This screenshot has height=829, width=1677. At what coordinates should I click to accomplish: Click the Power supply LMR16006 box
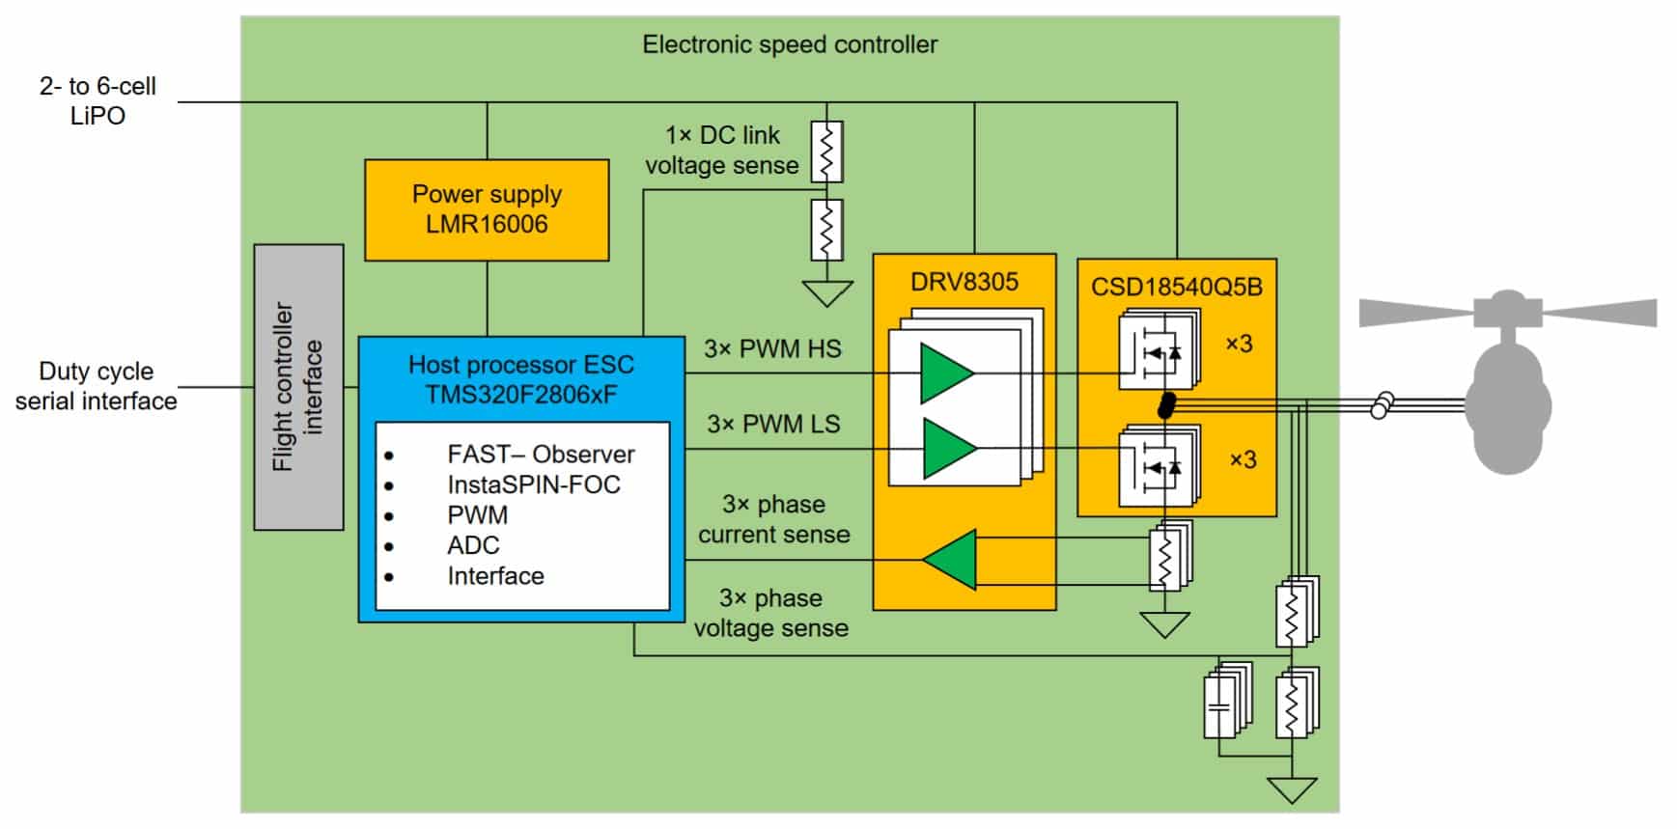click(x=487, y=209)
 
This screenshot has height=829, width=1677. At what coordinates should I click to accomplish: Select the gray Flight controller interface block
click(x=298, y=387)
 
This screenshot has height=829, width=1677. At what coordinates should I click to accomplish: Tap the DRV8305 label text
click(x=964, y=282)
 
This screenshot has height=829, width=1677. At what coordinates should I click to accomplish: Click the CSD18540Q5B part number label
click(x=1176, y=287)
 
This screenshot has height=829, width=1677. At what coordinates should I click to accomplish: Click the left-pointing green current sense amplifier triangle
click(x=952, y=560)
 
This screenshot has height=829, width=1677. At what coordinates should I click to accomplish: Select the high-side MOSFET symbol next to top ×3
click(x=1157, y=351)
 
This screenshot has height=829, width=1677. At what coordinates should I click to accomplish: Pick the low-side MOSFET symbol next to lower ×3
click(x=1157, y=467)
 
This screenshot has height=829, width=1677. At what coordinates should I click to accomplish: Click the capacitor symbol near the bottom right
click(x=1220, y=706)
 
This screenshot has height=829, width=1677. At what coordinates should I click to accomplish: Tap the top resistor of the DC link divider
click(x=825, y=152)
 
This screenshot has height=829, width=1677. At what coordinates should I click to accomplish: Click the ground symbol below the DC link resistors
click(x=827, y=292)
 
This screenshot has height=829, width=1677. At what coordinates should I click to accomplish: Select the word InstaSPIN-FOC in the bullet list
click(x=533, y=484)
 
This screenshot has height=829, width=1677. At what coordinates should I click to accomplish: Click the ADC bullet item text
click(x=473, y=545)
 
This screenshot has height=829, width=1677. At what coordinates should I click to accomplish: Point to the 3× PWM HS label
click(x=772, y=348)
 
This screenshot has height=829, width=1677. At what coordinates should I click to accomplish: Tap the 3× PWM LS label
click(x=772, y=424)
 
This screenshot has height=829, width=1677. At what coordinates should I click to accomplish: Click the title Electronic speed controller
click(x=790, y=44)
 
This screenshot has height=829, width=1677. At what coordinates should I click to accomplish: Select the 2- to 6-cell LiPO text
click(x=97, y=100)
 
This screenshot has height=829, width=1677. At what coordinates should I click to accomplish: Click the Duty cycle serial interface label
click(x=96, y=386)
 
